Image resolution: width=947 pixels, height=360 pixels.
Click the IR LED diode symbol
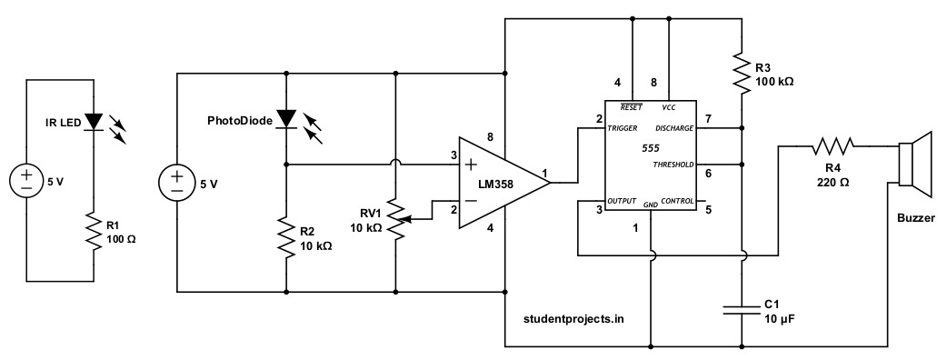coord(95,121)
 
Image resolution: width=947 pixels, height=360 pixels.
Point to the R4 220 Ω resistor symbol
coord(833,145)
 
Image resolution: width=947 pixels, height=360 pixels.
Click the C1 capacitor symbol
coord(743,310)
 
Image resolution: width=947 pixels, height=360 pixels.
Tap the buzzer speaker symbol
coord(913,165)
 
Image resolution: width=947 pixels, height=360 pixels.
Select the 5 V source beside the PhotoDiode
coord(176,184)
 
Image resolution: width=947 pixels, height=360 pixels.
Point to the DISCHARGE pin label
coord(673,129)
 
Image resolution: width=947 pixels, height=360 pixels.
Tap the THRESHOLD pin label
coord(673,165)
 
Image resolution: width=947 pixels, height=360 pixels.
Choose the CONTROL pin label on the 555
coord(677,200)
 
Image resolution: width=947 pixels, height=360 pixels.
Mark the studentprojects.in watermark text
coord(573,318)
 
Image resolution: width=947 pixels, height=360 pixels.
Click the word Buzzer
coord(915,219)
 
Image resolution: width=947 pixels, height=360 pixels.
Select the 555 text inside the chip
coord(650,147)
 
